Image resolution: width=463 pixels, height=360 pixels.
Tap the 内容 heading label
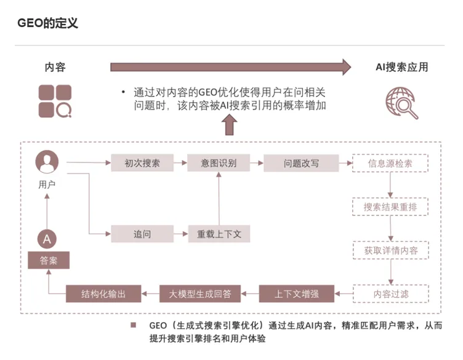coord(55,67)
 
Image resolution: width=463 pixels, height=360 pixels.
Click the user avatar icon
coord(47,162)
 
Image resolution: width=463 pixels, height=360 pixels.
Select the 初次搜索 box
coord(142,163)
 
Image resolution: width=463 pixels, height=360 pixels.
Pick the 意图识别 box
coord(218,163)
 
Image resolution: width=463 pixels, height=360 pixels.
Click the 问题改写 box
coord(301,163)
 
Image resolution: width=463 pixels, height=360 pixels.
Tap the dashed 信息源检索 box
coord(390,163)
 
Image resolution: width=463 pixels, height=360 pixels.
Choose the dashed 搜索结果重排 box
coord(390,207)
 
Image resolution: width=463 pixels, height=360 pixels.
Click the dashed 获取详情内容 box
coord(390,250)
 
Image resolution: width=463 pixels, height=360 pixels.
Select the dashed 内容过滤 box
coord(390,294)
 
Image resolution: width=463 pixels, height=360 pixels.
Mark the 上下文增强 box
coord(296,294)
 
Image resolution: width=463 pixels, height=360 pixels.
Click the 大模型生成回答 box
coord(200,294)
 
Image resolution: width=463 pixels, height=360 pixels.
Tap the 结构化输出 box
coord(103,294)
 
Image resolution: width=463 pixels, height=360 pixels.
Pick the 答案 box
coord(48,260)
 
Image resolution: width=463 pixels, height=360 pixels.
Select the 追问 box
coord(142,234)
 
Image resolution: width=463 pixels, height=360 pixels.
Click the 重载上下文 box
coord(219,234)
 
